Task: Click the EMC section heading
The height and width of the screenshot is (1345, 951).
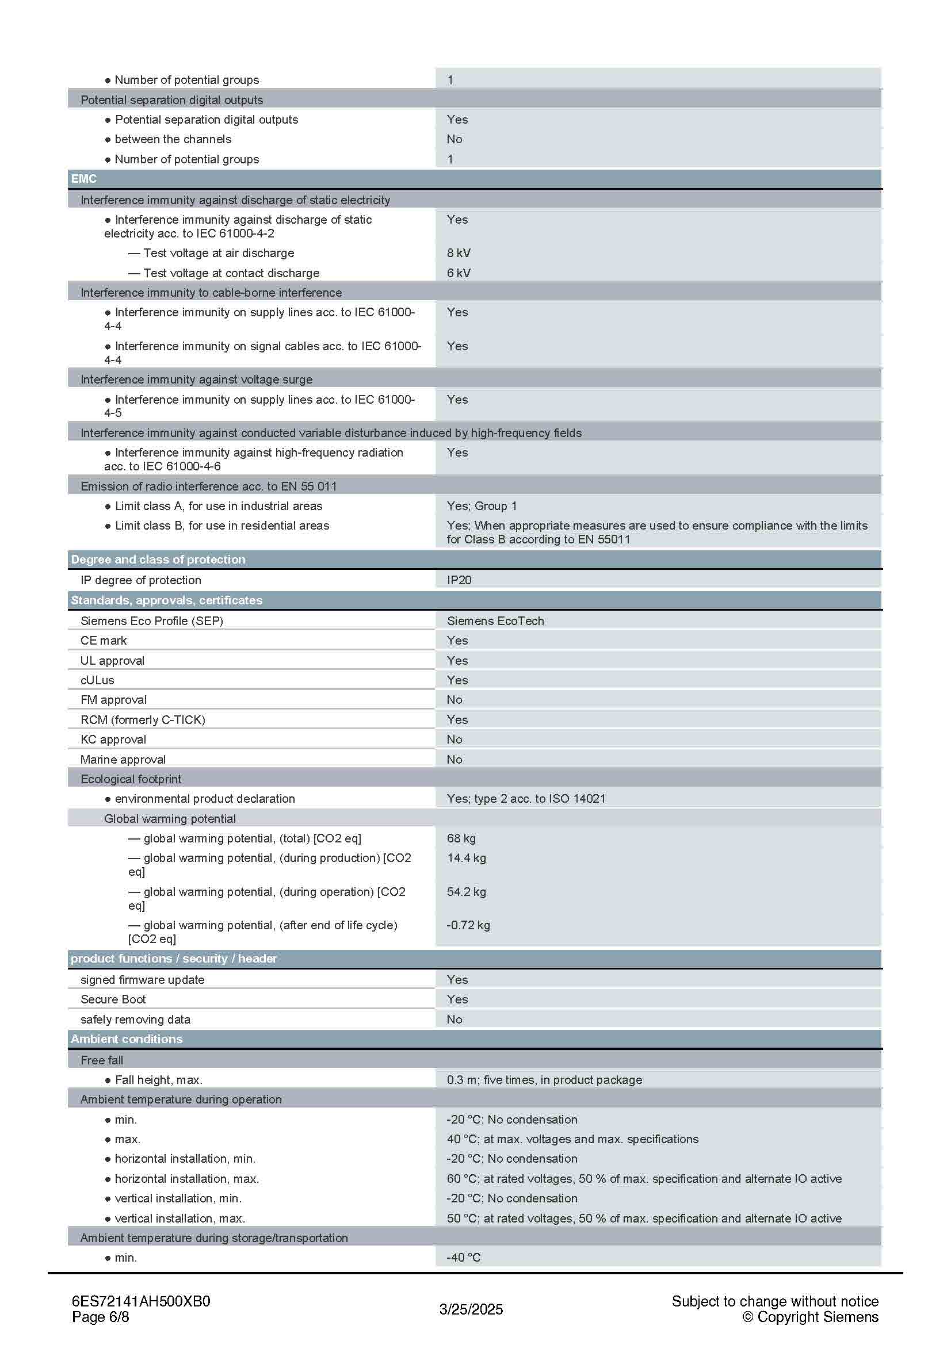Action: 84,179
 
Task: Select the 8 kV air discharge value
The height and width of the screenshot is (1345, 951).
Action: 458,253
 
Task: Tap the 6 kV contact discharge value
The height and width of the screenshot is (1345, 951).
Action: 458,273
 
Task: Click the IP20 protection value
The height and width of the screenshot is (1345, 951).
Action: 459,580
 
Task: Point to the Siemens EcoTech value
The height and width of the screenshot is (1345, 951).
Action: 495,621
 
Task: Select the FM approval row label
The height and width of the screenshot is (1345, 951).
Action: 114,700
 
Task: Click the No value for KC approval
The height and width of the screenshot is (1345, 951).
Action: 454,739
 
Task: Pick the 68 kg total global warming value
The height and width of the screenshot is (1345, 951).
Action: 461,838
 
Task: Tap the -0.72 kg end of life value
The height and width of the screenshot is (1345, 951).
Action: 468,925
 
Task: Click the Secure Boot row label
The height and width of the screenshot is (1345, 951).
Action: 113,999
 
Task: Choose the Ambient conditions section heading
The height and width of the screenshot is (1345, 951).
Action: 127,1039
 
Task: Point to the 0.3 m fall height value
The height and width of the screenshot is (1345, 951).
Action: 544,1080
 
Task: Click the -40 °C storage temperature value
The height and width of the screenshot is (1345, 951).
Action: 464,1257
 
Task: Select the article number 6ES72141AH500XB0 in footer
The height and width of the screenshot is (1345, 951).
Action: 140,1301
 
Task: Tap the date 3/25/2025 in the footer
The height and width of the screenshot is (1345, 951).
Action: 471,1309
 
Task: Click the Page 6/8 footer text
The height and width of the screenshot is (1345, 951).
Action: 100,1317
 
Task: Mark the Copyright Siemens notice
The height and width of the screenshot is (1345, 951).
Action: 811,1317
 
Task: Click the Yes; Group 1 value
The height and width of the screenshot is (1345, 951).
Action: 482,506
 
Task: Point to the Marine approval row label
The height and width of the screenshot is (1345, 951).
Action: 123,760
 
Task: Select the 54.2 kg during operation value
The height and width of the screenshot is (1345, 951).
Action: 466,892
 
